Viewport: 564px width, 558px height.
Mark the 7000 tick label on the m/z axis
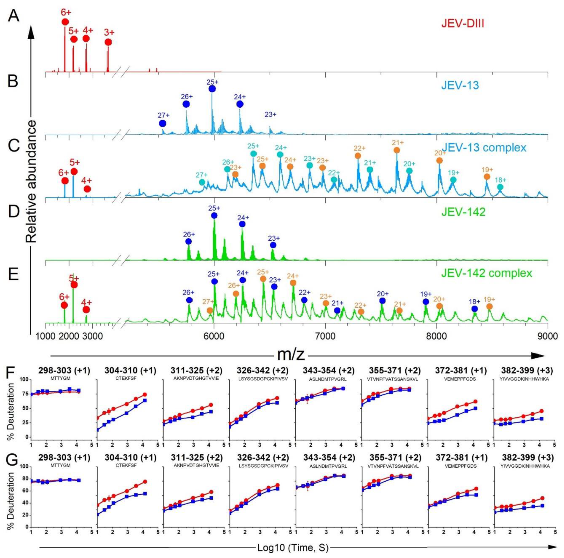pyautogui.click(x=325, y=336)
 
